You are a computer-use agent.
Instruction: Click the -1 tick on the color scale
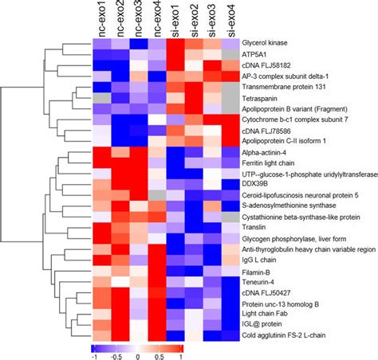click(x=96, y=355)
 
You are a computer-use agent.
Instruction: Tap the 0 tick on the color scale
click(x=139, y=355)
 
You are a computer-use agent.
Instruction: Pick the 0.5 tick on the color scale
click(x=162, y=355)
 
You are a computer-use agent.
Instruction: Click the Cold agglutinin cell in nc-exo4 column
click(x=158, y=335)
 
